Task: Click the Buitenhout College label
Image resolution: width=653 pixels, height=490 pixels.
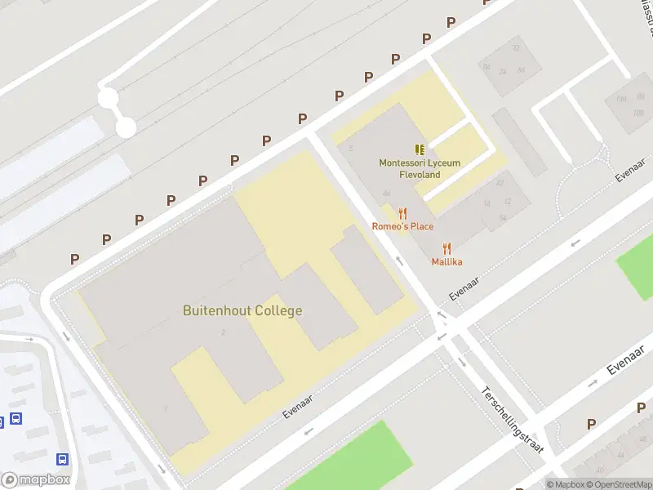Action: [x=242, y=310]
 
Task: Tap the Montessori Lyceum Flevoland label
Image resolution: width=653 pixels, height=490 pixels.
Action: [x=420, y=168]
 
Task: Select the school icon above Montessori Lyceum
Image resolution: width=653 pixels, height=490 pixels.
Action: [x=420, y=149]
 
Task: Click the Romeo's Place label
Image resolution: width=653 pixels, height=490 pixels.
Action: [x=403, y=226]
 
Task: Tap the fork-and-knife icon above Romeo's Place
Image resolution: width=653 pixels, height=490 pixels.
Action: [x=402, y=213]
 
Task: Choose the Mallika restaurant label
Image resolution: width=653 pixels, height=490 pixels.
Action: [x=446, y=261]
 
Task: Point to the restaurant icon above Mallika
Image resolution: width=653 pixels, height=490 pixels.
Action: [x=446, y=248]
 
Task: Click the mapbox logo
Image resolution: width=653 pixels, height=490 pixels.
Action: [x=35, y=480]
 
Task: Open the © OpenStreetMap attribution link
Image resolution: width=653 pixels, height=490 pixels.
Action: [x=618, y=484]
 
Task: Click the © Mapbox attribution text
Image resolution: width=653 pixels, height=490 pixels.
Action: [x=565, y=484]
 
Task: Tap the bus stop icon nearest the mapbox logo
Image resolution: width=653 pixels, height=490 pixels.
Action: [x=63, y=460]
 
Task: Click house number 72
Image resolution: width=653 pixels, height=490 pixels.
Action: [x=515, y=48]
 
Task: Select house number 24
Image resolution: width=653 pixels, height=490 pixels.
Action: [x=503, y=72]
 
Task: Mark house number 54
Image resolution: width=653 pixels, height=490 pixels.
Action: [x=503, y=218]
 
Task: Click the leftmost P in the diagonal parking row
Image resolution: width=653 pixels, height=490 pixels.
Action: [x=74, y=259]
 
